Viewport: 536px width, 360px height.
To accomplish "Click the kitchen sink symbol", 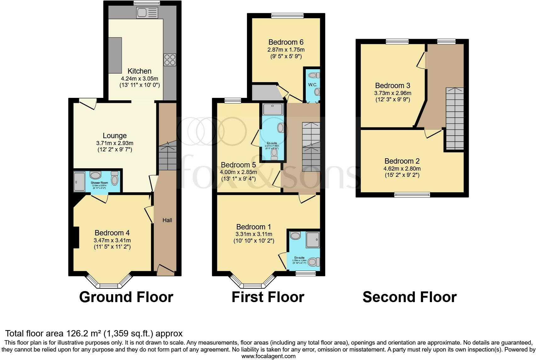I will tap(147, 13).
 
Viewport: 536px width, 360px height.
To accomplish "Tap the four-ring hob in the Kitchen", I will tap(170, 60).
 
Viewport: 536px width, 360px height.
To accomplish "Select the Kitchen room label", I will tap(139, 71).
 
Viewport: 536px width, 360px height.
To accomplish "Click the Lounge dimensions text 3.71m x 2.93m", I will tap(115, 143).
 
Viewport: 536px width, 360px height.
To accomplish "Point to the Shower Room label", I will tap(99, 183).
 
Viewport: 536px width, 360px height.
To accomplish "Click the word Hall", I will tap(167, 220).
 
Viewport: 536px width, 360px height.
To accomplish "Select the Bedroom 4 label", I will tap(112, 233).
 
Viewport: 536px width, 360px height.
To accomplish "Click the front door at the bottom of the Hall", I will tap(165, 270).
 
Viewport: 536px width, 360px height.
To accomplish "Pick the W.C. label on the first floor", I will tap(313, 85).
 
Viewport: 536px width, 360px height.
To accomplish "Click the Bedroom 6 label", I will tap(286, 42).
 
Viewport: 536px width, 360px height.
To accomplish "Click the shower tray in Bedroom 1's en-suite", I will tap(313, 239).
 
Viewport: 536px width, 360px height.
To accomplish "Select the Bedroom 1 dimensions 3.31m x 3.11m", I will tap(254, 234).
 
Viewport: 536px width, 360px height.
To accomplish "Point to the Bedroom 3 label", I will tap(393, 86).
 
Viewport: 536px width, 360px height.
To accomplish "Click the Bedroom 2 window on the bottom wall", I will tap(412, 195).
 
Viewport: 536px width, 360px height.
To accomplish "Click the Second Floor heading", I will tap(409, 297).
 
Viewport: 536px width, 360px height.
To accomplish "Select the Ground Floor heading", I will tap(126, 297).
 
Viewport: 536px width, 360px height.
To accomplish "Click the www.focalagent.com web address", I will tap(268, 356).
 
